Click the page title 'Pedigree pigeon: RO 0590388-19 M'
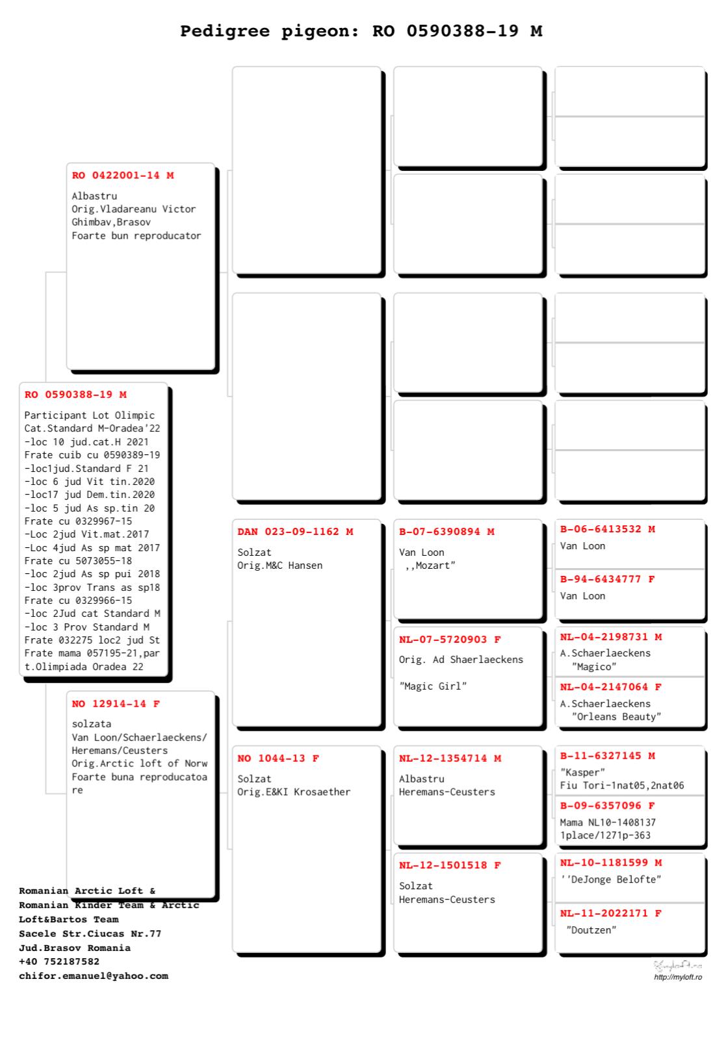(361, 31)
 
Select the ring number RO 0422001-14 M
(123, 175)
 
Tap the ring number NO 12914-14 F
(116, 704)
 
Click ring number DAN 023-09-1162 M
(295, 532)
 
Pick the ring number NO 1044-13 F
(278, 759)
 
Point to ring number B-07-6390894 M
(446, 532)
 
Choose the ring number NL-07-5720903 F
(450, 640)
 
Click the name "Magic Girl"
(433, 686)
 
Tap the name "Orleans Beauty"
(616, 717)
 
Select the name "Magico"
(594, 667)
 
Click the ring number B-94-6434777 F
(607, 579)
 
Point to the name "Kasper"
(582, 773)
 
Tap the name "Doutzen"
(591, 930)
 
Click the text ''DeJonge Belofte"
(611, 880)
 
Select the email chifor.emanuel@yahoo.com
(94, 976)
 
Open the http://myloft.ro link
(678, 977)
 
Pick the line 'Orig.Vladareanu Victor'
(134, 209)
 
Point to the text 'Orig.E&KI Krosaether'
(294, 792)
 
